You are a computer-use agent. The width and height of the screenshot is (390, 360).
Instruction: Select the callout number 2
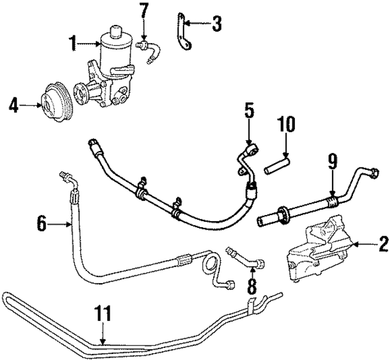[383, 245]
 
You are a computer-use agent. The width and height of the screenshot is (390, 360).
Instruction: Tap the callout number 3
[217, 24]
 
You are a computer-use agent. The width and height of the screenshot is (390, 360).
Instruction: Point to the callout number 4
[14, 106]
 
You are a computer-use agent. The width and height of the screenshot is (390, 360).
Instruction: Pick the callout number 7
[143, 10]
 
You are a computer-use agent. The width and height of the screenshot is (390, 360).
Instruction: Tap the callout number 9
[332, 162]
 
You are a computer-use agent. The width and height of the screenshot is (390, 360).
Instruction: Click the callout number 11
[103, 314]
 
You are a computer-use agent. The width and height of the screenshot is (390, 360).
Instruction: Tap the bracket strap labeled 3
[181, 34]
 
